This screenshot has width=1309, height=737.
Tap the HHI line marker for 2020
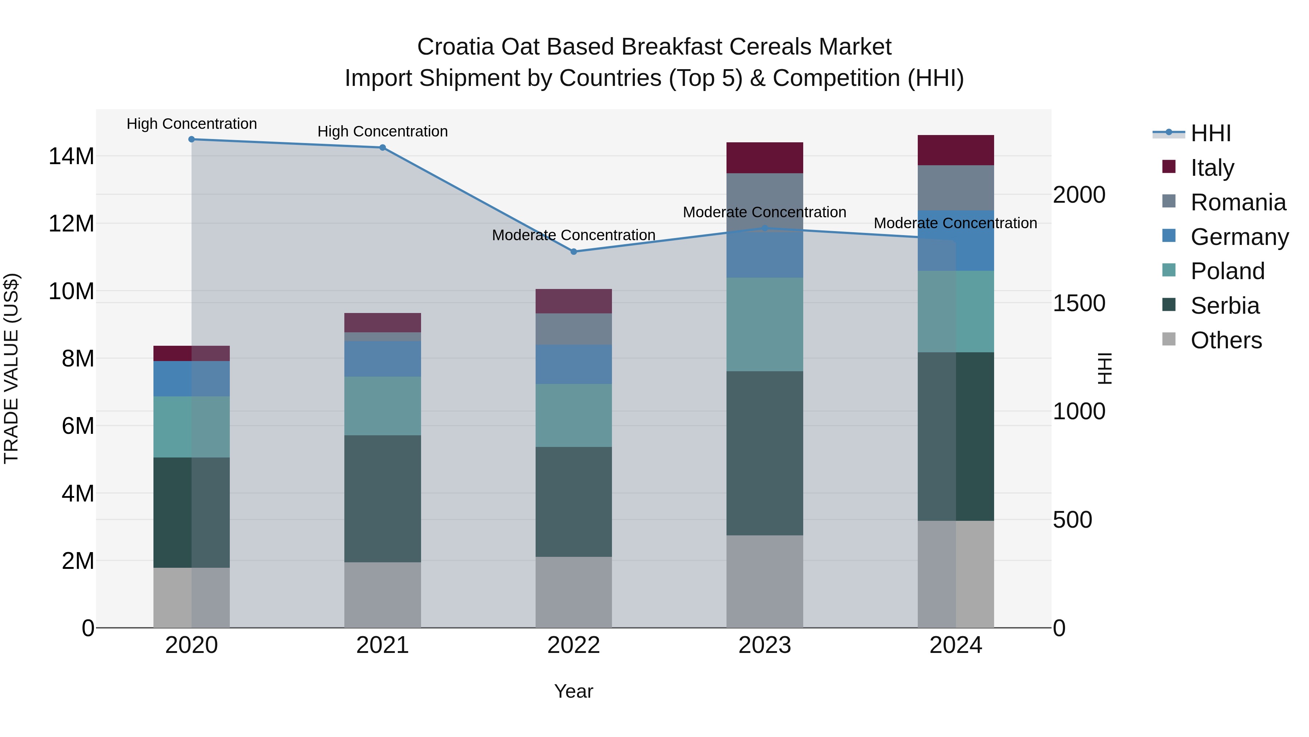pyautogui.click(x=192, y=139)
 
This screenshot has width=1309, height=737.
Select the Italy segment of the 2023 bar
pyautogui.click(x=764, y=158)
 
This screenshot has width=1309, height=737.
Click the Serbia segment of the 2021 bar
pyautogui.click(x=382, y=499)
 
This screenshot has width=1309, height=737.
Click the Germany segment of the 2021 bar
pyautogui.click(x=382, y=358)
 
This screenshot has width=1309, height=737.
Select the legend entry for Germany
pyautogui.click(x=1239, y=237)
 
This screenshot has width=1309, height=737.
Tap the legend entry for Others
pyautogui.click(x=1226, y=340)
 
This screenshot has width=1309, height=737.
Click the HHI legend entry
pyautogui.click(x=1210, y=133)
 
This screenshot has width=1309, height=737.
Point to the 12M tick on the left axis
pyautogui.click(x=71, y=224)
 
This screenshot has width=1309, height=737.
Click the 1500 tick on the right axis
pyautogui.click(x=1079, y=303)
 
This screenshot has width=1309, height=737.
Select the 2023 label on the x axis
pyautogui.click(x=764, y=645)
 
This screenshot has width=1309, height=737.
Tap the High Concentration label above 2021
pyautogui.click(x=382, y=131)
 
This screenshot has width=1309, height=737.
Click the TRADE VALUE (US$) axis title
pyautogui.click(x=11, y=368)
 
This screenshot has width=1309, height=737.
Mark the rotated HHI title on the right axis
pyautogui.click(x=1105, y=368)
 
